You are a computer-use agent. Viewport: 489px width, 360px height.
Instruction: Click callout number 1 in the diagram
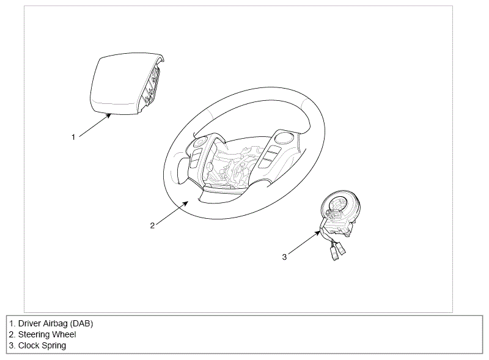(73, 137)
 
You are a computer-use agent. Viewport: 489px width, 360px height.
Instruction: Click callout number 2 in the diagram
(152, 226)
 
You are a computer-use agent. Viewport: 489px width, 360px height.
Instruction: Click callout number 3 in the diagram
(284, 257)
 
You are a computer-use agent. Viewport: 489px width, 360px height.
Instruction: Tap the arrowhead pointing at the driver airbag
(108, 116)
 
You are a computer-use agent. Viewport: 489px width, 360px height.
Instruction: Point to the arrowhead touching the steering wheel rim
(185, 203)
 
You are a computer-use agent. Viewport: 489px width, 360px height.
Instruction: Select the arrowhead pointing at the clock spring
(317, 233)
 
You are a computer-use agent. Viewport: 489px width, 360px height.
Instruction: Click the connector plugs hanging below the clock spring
(337, 251)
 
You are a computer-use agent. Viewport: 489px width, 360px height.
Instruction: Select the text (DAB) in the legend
(81, 323)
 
